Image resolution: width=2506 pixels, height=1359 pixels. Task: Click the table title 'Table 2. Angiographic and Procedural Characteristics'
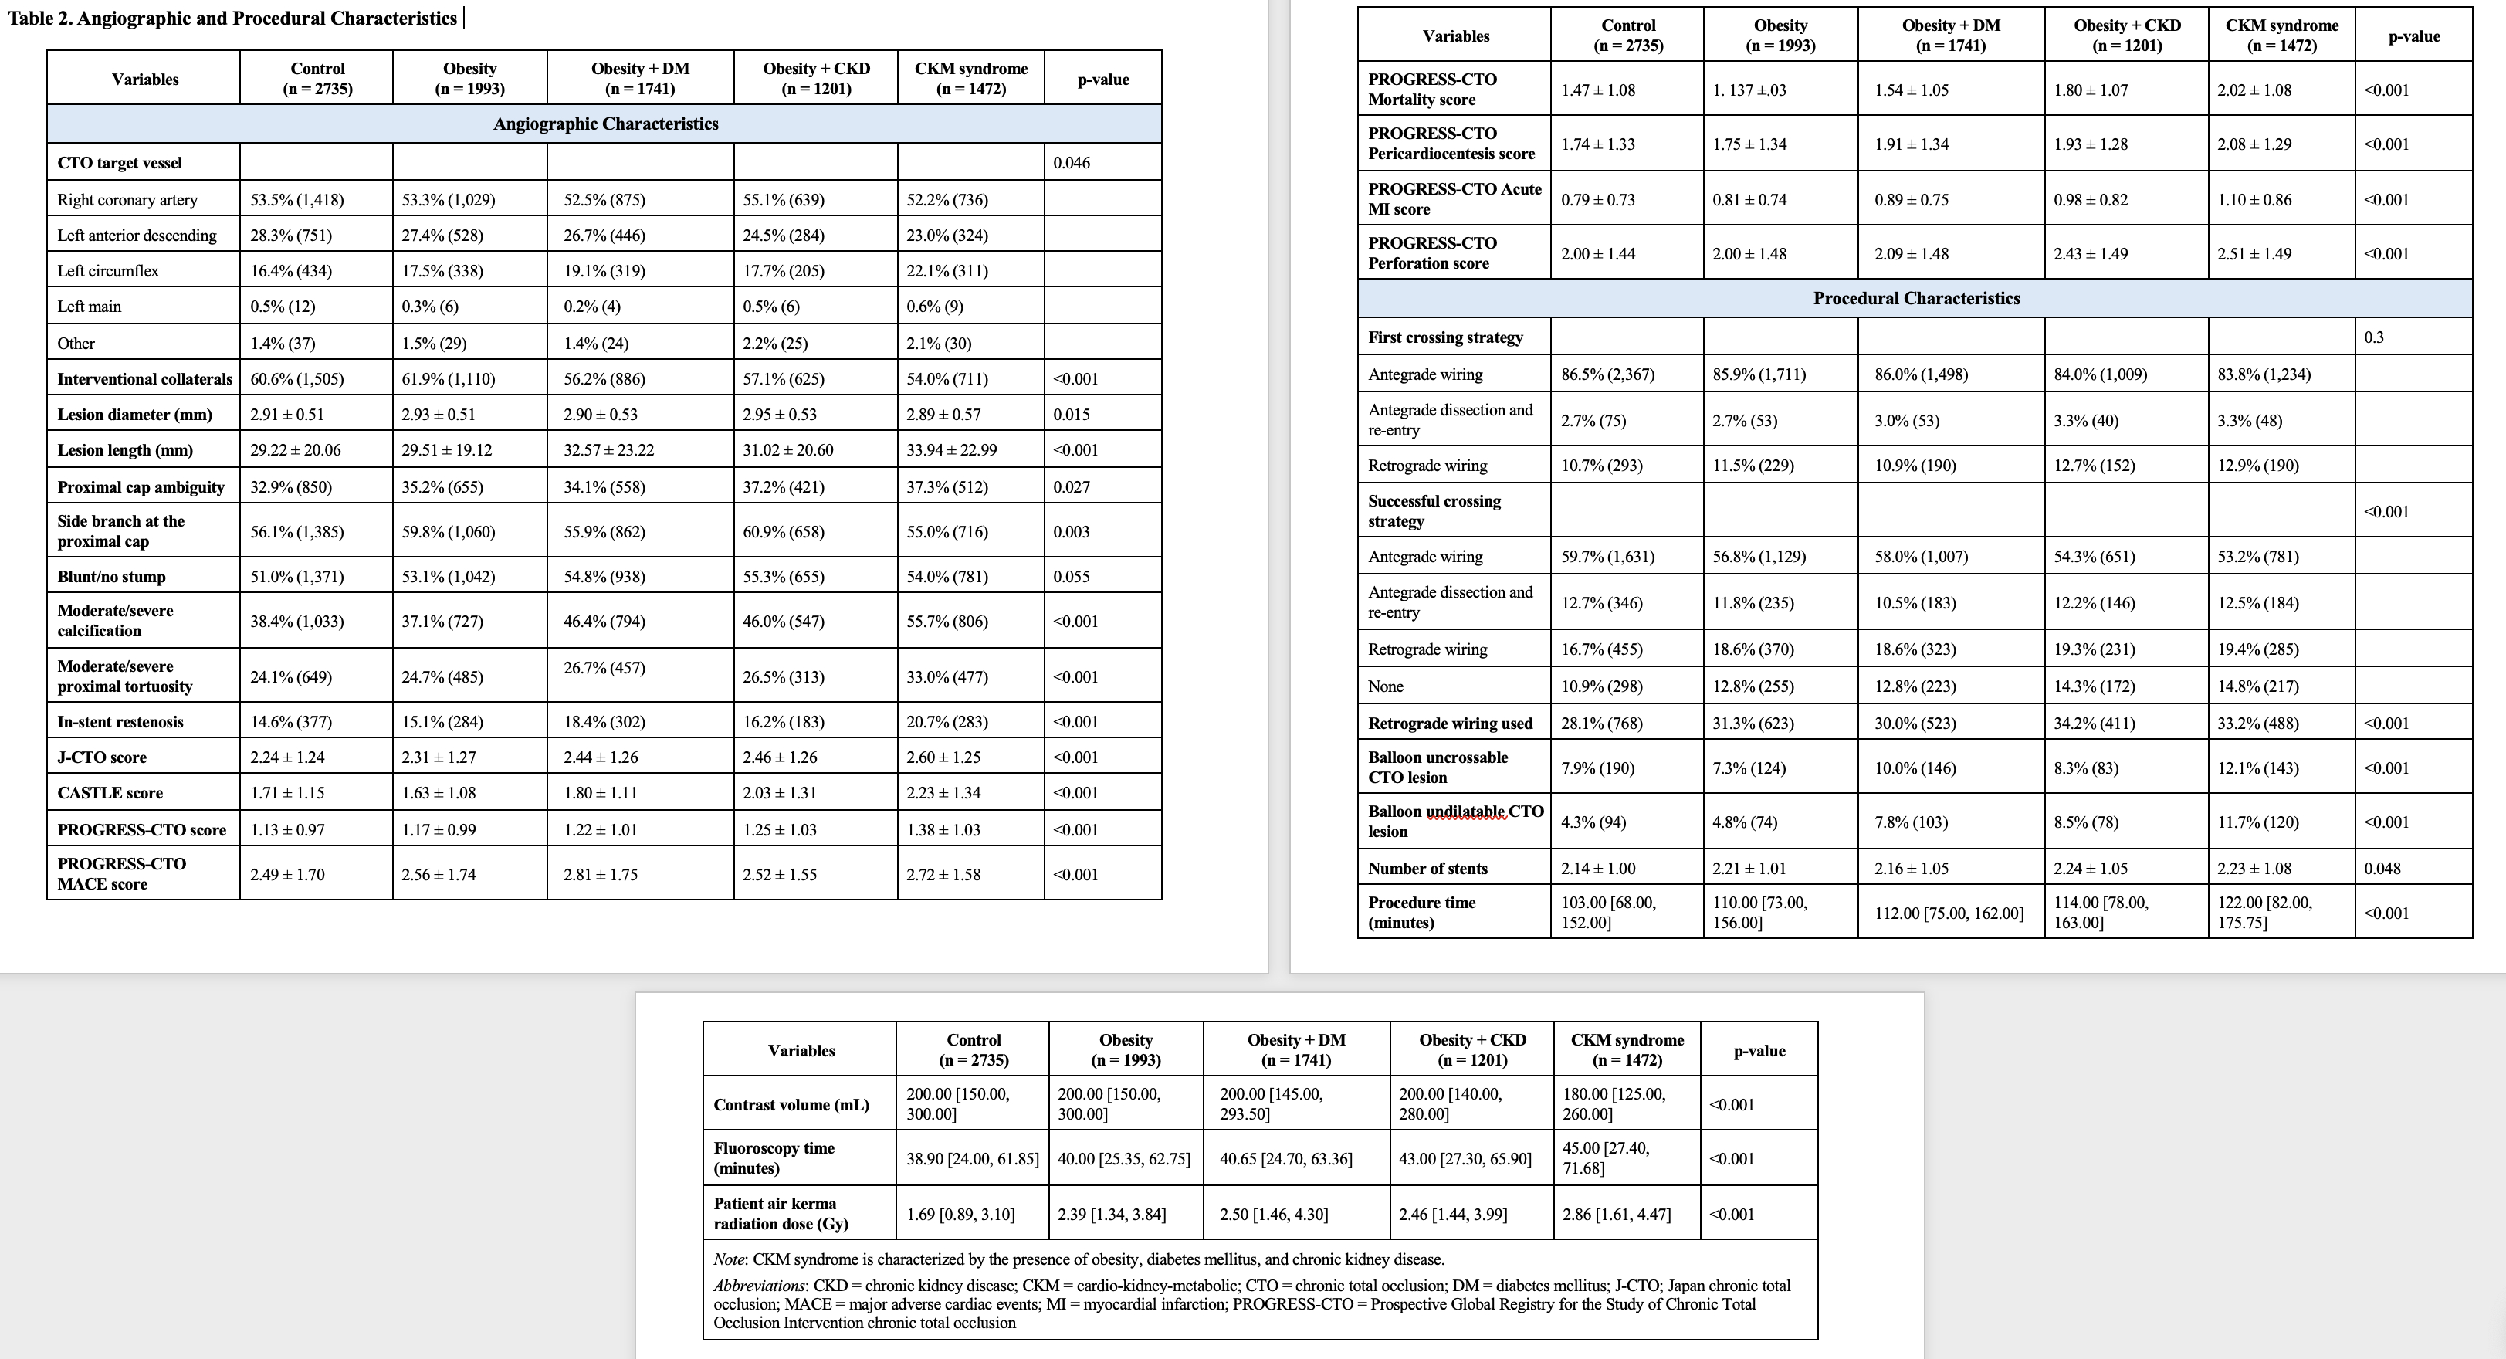[x=232, y=19]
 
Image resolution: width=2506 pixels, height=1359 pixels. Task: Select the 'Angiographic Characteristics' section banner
[x=605, y=124]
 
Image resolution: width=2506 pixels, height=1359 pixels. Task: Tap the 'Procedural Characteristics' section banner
[x=1915, y=299]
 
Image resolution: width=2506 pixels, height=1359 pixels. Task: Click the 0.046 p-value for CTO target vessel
[x=1071, y=162]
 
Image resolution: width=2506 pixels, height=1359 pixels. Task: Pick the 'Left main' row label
[x=90, y=307]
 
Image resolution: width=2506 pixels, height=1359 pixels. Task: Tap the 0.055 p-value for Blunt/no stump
[x=1071, y=576]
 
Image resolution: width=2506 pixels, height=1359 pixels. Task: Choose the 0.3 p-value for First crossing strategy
[x=2374, y=337]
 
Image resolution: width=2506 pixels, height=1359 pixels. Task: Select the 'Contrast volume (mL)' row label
[x=791, y=1104]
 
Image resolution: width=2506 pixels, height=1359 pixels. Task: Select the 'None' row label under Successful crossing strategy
[x=1385, y=686]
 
